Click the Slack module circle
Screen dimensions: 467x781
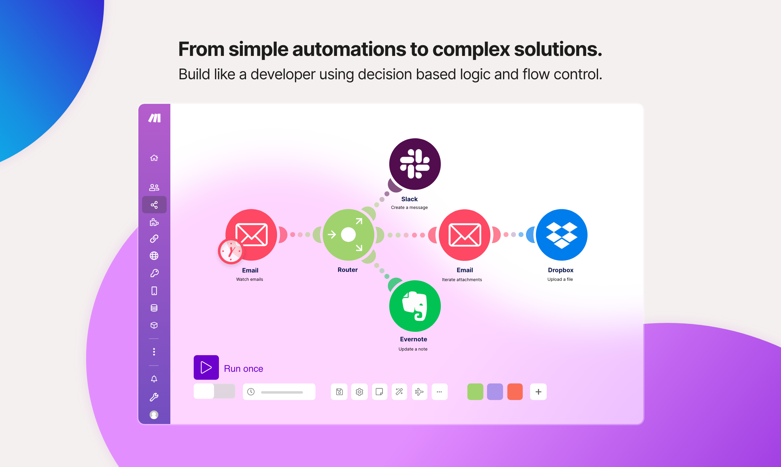[x=415, y=164]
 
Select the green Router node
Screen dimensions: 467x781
[x=348, y=235]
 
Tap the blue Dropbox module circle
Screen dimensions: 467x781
[x=561, y=235]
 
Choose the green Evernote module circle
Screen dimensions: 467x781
[x=415, y=306]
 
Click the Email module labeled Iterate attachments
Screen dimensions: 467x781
[x=465, y=235]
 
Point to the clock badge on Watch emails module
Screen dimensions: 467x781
[x=231, y=251]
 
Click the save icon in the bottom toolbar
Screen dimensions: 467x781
[x=339, y=392]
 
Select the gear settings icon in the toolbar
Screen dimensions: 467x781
[x=359, y=392]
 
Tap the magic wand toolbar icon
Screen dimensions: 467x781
[x=399, y=392]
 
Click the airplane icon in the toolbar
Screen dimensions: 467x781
[x=419, y=392]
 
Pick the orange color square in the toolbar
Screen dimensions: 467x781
[x=515, y=392]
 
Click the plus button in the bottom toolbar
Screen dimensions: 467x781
[x=538, y=392]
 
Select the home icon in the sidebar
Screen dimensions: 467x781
[x=154, y=158]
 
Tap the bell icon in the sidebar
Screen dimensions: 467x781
[x=154, y=379]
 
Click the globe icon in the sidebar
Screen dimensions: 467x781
[x=154, y=256]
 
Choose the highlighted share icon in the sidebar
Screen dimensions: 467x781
[x=154, y=205]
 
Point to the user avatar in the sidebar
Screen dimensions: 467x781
[x=154, y=415]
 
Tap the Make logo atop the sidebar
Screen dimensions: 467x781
[x=154, y=118]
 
